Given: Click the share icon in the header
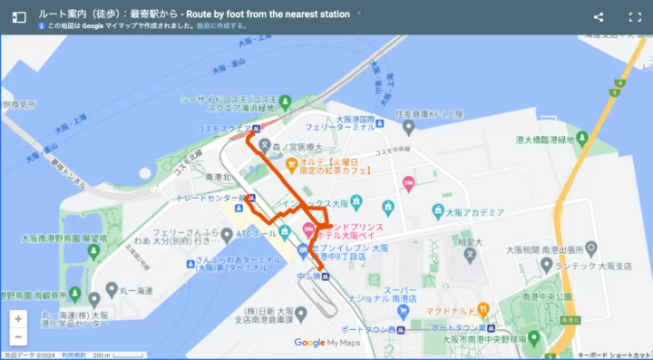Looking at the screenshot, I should (599, 17).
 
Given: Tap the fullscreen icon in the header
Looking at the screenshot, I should (635, 17).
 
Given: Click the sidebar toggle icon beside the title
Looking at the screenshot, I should (19, 17).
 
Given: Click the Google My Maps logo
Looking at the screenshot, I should (326, 343).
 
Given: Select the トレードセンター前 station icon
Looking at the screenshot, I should (251, 198).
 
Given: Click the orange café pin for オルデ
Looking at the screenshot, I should (291, 164).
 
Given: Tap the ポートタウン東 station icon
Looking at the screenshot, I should (491, 327).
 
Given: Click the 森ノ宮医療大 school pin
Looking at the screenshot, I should (266, 144).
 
